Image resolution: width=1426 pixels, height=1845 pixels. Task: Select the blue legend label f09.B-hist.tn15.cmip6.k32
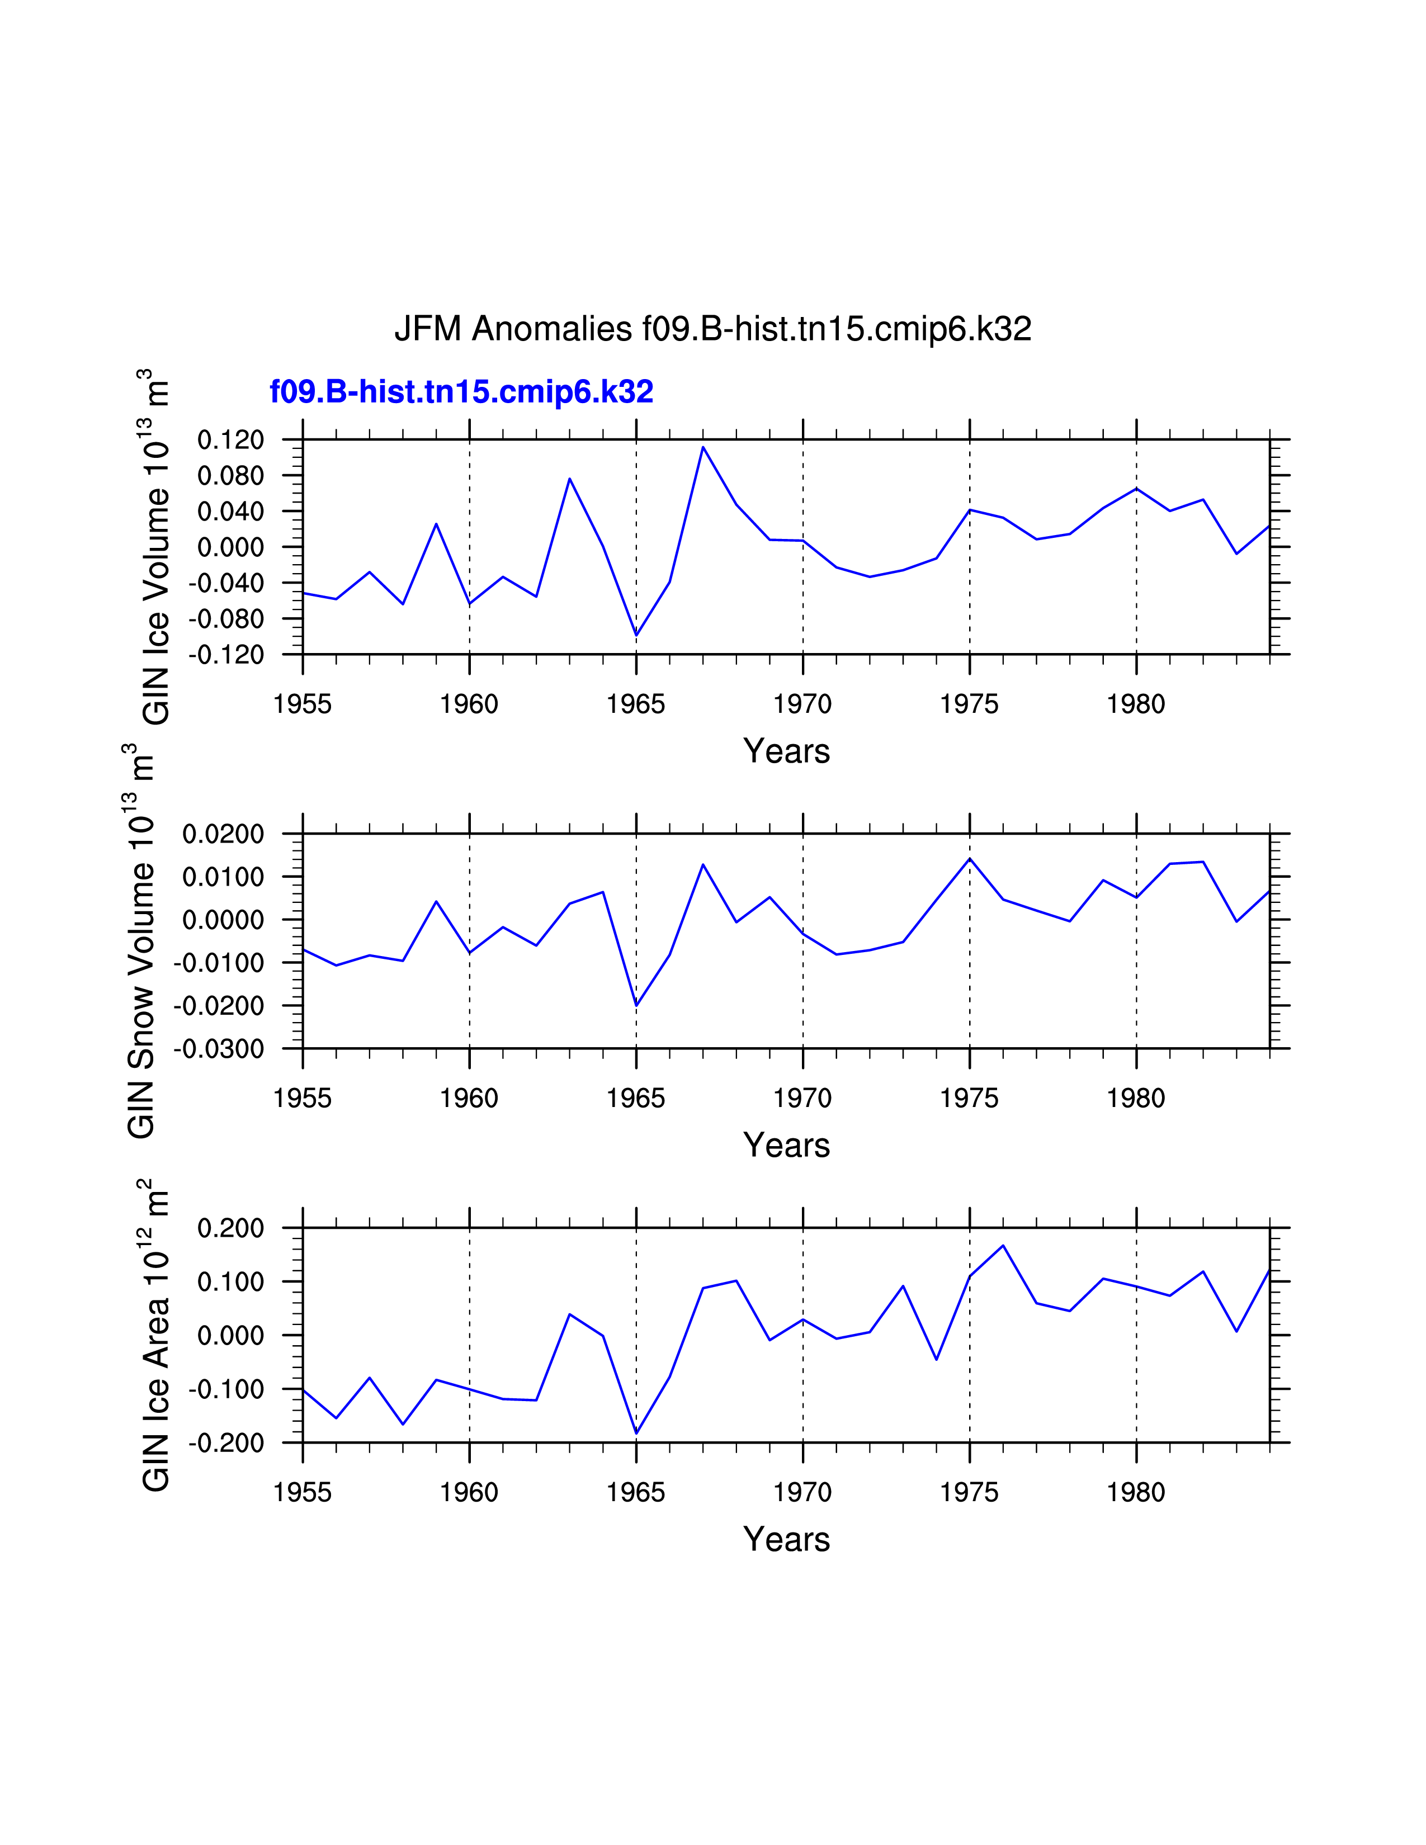click(x=461, y=392)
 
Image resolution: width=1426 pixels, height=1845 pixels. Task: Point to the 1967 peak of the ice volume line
click(x=703, y=448)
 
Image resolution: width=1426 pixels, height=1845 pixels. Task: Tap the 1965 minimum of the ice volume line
click(x=636, y=635)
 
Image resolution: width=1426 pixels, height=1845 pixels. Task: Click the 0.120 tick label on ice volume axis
click(x=230, y=439)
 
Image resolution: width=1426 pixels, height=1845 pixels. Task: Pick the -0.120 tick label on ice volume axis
click(x=226, y=655)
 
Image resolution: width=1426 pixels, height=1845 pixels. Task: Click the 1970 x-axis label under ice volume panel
click(x=802, y=704)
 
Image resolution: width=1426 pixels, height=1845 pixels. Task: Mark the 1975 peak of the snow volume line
click(x=970, y=859)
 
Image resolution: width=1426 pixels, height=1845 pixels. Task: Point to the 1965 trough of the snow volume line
click(x=636, y=1005)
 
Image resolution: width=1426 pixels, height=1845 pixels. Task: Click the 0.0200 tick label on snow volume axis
click(x=224, y=834)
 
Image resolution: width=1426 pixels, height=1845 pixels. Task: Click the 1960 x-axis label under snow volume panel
click(x=469, y=1098)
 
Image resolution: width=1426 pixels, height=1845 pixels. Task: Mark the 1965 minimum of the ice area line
click(x=636, y=1433)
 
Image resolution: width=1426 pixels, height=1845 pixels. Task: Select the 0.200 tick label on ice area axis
click(x=230, y=1228)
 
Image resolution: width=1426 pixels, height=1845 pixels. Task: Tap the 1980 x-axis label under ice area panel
click(x=1136, y=1493)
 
